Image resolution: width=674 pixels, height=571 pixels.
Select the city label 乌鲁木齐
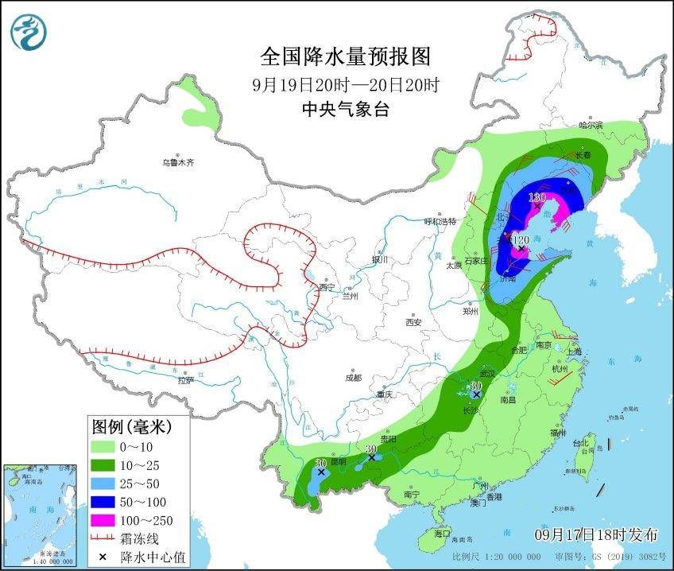[178, 162]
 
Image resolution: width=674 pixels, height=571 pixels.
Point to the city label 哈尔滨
[591, 125]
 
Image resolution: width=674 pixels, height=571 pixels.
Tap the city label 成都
[353, 378]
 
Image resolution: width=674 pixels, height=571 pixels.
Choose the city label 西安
[413, 322]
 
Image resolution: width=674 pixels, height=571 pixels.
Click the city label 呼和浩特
[441, 221]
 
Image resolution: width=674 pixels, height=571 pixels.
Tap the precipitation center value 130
[537, 196]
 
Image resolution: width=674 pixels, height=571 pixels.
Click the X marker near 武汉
[476, 394]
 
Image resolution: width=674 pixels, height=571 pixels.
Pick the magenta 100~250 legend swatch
[105, 520]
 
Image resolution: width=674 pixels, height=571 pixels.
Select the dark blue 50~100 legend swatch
[105, 502]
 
